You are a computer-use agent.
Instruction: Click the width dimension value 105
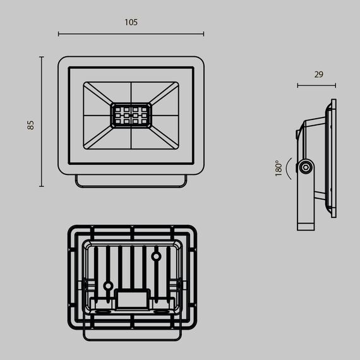[x=131, y=22]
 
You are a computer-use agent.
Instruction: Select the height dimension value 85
[x=30, y=124]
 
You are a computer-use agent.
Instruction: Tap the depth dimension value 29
[x=318, y=74]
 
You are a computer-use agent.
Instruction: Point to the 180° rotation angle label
[x=278, y=169]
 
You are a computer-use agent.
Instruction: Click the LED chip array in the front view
[x=131, y=116]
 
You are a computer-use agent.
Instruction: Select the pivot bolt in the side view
[x=306, y=167]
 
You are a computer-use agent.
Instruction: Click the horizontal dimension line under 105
[x=131, y=34]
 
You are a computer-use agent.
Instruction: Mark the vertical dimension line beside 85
[x=42, y=121]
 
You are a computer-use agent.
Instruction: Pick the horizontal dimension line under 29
[x=316, y=85]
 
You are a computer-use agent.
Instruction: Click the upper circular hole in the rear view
[x=155, y=256]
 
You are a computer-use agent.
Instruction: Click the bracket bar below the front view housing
[x=131, y=181]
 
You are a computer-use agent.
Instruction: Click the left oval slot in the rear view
[x=102, y=311]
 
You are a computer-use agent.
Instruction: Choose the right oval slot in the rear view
[x=161, y=311]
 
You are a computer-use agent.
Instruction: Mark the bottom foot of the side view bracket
[x=307, y=225]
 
